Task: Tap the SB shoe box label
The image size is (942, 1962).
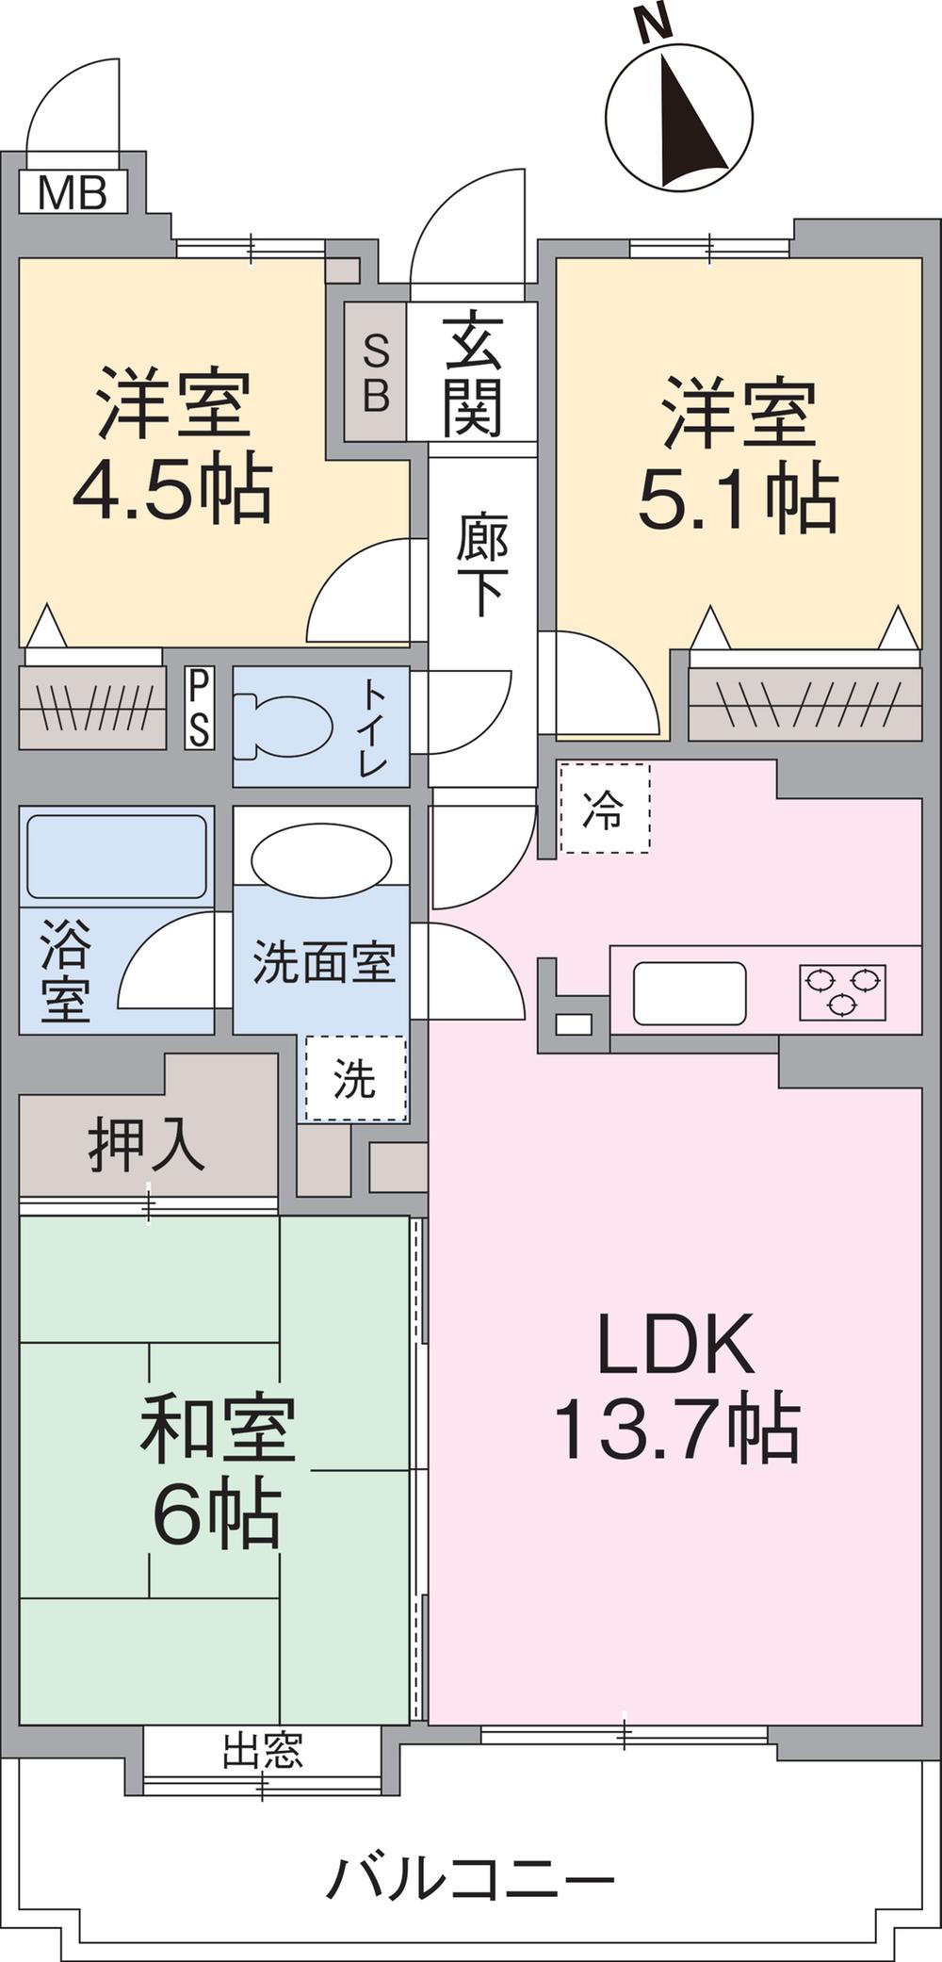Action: tap(376, 372)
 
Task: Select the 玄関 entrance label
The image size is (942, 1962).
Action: tap(473, 373)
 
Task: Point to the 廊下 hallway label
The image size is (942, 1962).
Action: tap(482, 565)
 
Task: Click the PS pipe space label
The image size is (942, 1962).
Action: tap(199, 708)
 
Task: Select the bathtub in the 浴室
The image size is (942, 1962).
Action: tap(117, 856)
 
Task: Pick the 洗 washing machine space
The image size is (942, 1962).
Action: tap(355, 1078)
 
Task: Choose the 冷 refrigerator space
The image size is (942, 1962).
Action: tap(604, 809)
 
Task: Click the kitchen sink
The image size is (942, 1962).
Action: tap(690, 992)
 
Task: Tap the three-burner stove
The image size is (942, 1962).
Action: tap(842, 991)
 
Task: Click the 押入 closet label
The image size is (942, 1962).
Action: tap(147, 1144)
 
